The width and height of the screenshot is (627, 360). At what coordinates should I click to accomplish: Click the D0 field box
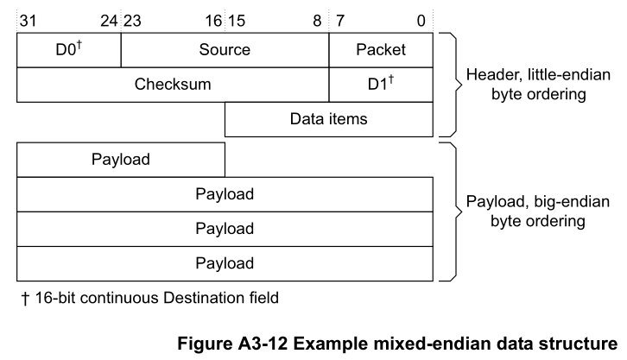tap(69, 50)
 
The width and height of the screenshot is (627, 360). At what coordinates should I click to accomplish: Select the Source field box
tap(225, 50)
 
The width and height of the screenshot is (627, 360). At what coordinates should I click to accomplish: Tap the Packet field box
tap(381, 50)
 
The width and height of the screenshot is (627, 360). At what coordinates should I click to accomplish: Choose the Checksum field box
tap(173, 85)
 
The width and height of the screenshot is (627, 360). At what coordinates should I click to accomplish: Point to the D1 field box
tap(381, 85)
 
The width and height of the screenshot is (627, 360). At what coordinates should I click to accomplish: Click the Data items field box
tap(328, 119)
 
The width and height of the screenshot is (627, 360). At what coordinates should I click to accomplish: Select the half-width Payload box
tap(121, 160)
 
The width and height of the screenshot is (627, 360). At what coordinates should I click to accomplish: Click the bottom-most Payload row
tap(225, 263)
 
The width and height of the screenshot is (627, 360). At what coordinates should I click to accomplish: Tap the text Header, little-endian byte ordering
tap(527, 84)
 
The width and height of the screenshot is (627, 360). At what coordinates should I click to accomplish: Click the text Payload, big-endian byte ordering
tap(527, 212)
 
